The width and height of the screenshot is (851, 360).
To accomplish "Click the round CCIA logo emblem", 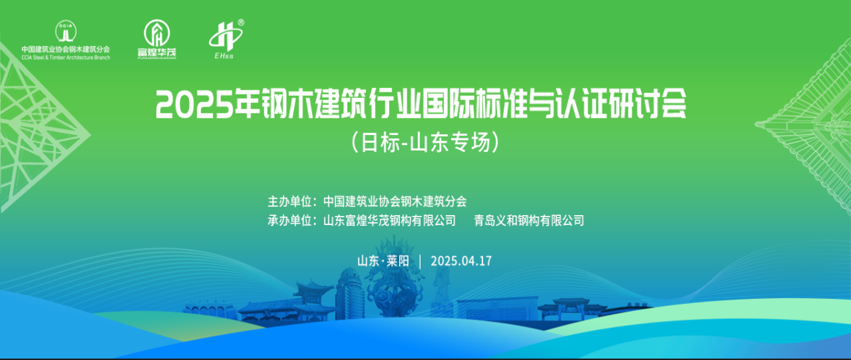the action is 65,31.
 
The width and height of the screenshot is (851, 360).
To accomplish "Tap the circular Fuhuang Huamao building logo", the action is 156,33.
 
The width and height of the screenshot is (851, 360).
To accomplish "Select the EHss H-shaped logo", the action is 224,38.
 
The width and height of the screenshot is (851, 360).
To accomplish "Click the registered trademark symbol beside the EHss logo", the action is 241,23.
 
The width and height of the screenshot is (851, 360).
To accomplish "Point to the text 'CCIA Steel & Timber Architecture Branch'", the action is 65,57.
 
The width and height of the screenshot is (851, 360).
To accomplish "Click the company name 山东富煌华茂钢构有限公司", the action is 389,221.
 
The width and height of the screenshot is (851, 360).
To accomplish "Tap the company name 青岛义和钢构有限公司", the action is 529,221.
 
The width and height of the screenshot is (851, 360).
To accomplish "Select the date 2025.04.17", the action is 461,261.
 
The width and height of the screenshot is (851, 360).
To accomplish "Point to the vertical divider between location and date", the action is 420,261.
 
